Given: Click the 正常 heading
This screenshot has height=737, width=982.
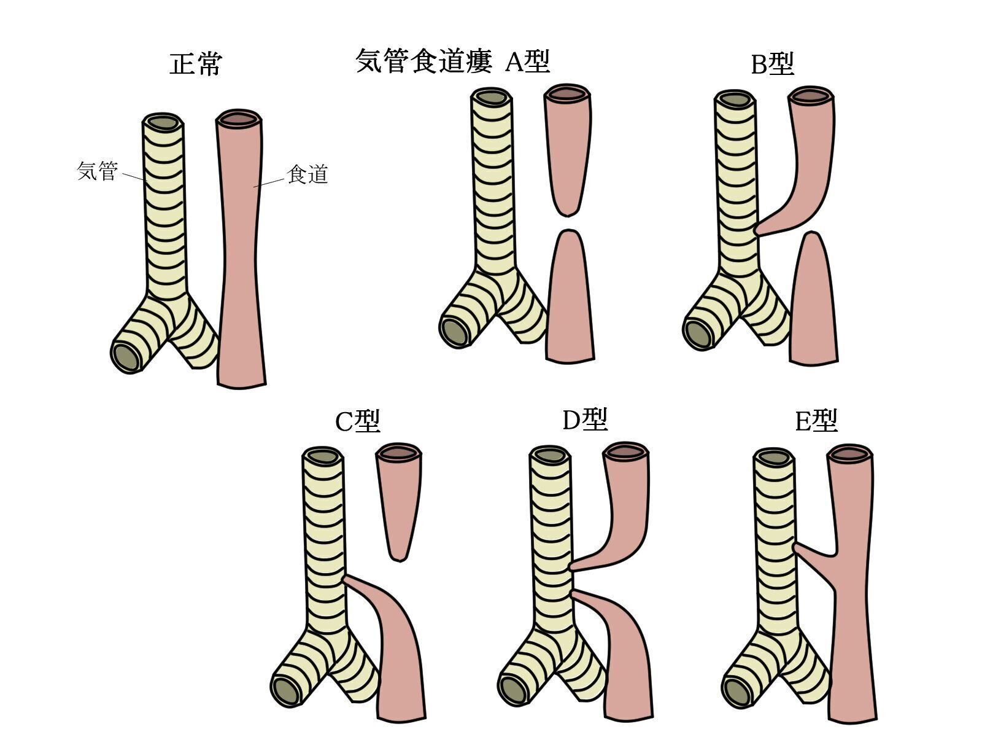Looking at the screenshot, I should (x=195, y=64).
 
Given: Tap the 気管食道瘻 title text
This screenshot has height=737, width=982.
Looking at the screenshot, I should (x=423, y=62).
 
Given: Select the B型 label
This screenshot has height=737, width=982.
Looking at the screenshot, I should (x=772, y=63).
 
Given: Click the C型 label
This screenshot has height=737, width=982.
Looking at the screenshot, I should (x=357, y=421).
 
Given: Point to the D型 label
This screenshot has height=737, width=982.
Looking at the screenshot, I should (x=585, y=419).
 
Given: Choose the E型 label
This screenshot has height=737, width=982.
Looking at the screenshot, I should (x=816, y=421).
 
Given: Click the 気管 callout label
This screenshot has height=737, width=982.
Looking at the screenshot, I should (x=97, y=171).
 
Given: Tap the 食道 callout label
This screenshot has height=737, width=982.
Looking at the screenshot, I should (x=307, y=175).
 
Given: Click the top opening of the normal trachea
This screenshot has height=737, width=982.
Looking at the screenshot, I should (x=163, y=122).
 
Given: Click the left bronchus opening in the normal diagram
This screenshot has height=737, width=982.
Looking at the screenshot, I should (x=127, y=356).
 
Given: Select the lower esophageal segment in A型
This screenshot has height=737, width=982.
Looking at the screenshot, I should (x=570, y=301).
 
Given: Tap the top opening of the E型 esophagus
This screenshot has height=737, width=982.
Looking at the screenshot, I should (x=850, y=455).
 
